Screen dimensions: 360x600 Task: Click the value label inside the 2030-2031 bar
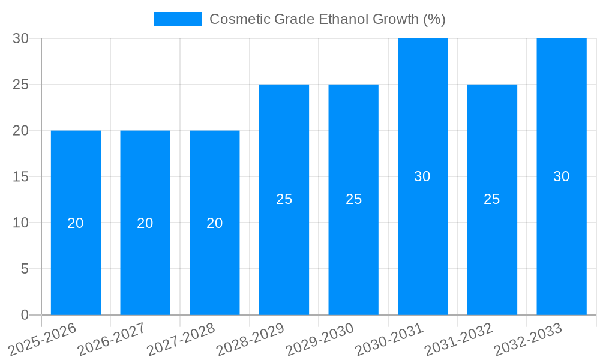(422, 176)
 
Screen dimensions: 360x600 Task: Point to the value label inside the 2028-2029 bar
(284, 199)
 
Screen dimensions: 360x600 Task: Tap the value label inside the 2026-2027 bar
(145, 223)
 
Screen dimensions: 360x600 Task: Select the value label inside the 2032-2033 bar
(561, 176)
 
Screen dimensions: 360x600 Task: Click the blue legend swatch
(178, 19)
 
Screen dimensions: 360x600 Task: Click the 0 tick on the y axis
(25, 314)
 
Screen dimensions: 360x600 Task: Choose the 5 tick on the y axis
(25, 269)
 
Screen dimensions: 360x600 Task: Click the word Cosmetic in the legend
(239, 19)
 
